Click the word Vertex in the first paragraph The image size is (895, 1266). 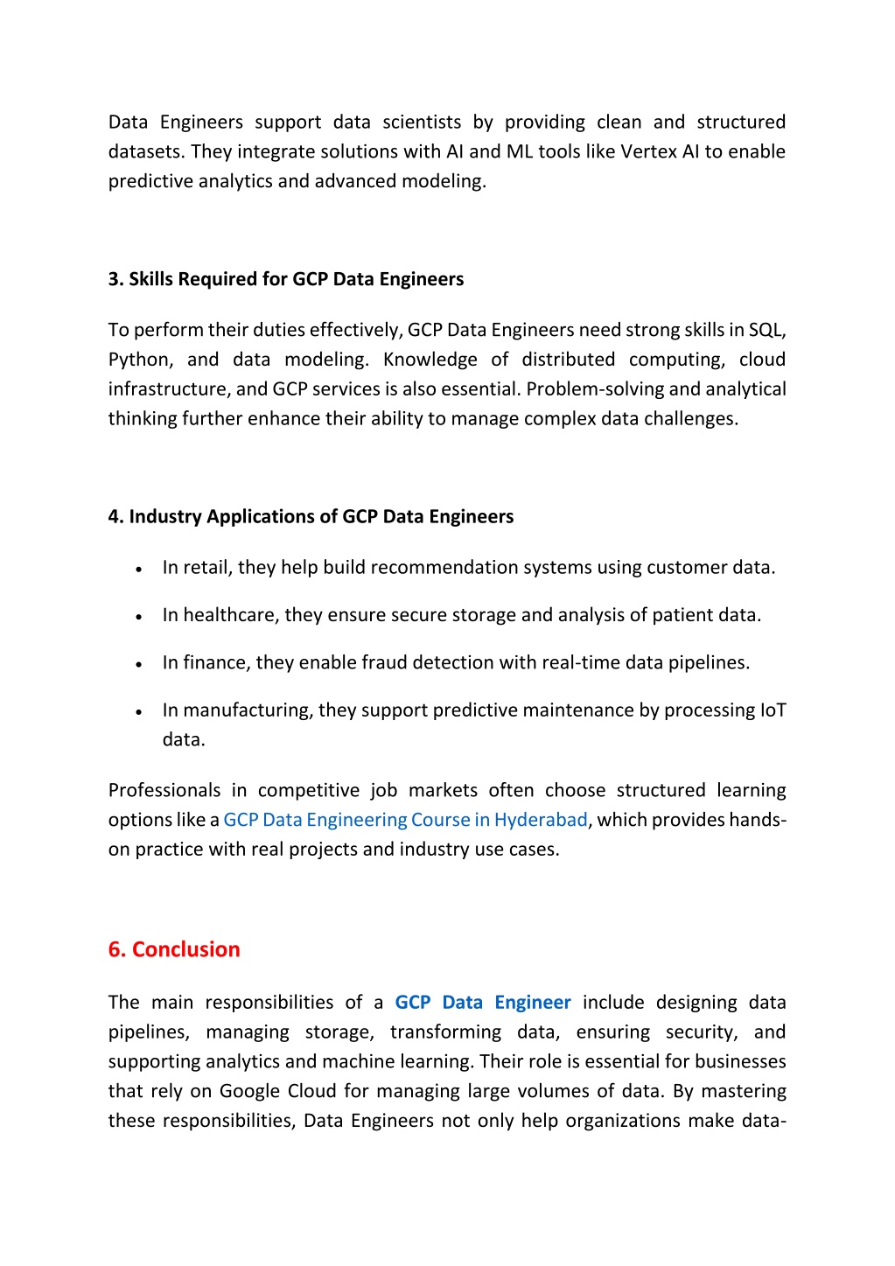point(648,151)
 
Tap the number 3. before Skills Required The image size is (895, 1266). point(116,279)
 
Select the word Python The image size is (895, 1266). point(140,360)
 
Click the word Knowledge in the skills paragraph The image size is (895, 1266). point(430,360)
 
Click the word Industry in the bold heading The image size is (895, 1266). point(165,516)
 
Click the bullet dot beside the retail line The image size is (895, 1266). point(139,569)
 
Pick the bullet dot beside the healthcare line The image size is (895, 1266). point(139,617)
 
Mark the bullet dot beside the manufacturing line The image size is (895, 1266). point(139,712)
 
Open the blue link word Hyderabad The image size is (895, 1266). point(541,820)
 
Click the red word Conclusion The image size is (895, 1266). point(185,949)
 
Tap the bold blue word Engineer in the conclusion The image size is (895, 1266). point(532,1003)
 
